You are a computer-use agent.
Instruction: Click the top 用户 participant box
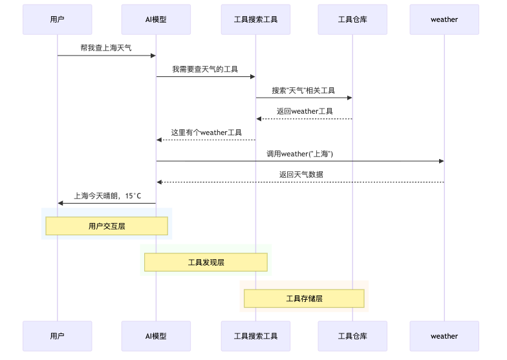pos(57,19)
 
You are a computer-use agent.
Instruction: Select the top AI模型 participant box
pos(156,19)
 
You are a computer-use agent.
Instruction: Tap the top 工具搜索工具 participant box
pos(255,19)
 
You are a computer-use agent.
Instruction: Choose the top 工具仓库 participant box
pos(352,19)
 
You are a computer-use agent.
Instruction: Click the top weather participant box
pos(444,19)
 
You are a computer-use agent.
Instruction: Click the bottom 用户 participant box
pos(57,336)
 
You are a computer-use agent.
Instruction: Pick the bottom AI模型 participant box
pos(156,336)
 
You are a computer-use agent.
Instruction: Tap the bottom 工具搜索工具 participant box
pos(255,336)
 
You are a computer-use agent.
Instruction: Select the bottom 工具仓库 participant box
pos(352,336)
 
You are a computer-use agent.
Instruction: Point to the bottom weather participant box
pos(444,336)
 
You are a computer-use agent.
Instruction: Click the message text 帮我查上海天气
pos(106,48)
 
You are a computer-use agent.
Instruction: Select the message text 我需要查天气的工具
pos(205,69)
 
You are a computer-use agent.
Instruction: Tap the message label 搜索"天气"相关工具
pos(303,90)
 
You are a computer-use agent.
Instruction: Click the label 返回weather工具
pos(305,111)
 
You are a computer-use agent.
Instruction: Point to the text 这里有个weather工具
pos(206,132)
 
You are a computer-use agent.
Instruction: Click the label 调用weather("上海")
pos(299,154)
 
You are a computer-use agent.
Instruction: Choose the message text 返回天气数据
pos(301,175)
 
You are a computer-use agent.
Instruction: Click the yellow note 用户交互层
pos(107,226)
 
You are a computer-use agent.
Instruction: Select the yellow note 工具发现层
pos(206,262)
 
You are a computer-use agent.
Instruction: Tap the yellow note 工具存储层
pos(304,299)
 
